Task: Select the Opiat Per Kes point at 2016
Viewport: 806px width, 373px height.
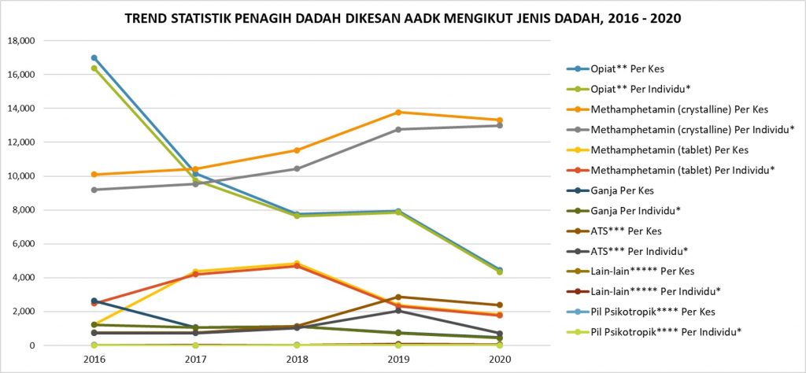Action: pyautogui.click(x=94, y=57)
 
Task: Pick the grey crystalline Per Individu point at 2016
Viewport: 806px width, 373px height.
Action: pyautogui.click(x=94, y=190)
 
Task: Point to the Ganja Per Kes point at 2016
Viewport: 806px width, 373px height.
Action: pyautogui.click(x=94, y=301)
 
